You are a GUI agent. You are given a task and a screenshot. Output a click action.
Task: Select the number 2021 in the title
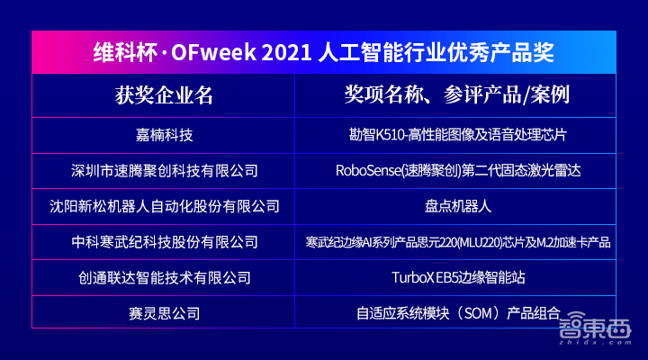click(287, 52)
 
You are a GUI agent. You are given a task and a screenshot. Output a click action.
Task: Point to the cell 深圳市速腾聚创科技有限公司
click(164, 170)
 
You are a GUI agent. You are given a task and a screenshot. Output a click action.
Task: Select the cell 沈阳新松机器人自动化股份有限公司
click(164, 206)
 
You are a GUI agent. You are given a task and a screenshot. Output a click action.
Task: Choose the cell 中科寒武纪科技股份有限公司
click(164, 242)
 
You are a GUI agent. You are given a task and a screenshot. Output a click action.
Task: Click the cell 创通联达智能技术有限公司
click(164, 278)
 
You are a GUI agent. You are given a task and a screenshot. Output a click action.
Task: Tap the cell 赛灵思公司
click(164, 314)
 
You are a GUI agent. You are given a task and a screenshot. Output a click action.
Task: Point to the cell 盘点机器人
click(457, 206)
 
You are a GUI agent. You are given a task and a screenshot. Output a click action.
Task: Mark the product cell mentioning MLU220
click(457, 242)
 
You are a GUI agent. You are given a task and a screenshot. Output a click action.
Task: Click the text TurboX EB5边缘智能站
click(457, 278)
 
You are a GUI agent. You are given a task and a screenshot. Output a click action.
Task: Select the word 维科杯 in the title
click(118, 52)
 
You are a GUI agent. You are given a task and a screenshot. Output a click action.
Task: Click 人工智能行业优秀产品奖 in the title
click(436, 52)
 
